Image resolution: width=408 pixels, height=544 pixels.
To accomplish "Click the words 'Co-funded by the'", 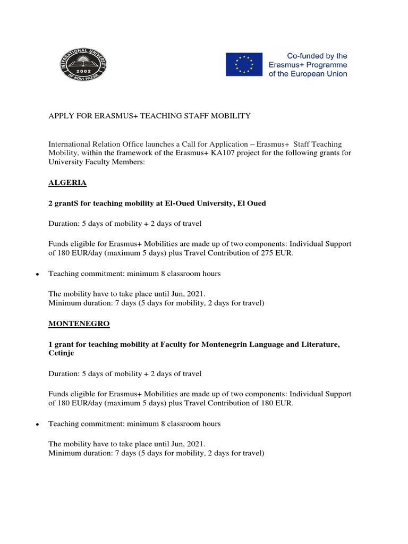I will (317, 55).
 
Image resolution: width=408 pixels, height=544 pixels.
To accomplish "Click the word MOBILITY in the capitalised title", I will (228, 116).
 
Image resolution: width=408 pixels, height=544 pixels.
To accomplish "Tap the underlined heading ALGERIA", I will (67, 183).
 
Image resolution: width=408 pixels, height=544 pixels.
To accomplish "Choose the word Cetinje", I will (61, 353).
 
